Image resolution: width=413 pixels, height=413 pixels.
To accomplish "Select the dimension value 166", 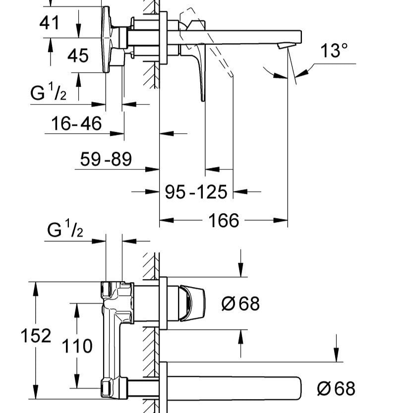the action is point(224,221).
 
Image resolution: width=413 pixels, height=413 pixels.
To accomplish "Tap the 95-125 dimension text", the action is point(196,191).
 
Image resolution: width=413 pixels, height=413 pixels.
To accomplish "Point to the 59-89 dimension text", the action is point(106,159).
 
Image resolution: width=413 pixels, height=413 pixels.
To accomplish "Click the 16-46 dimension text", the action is point(76,123).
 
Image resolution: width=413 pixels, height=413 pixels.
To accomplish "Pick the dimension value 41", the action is point(49,22).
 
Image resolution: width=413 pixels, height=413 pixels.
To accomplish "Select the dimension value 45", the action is point(78,56).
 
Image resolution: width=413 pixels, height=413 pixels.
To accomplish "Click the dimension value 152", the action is point(36,336).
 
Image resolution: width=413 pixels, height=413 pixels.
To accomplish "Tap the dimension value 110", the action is point(77,346).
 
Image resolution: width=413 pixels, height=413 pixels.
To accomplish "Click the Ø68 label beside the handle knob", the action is point(240,303).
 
